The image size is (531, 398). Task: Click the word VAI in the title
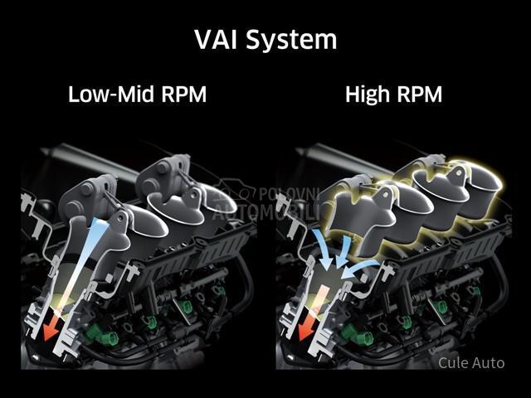[217, 39]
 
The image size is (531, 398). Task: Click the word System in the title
[291, 40]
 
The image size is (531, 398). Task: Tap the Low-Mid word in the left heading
[104, 95]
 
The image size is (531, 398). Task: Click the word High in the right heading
[367, 95]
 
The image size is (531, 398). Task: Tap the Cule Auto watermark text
[471, 362]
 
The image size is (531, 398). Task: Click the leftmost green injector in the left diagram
[100, 337]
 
